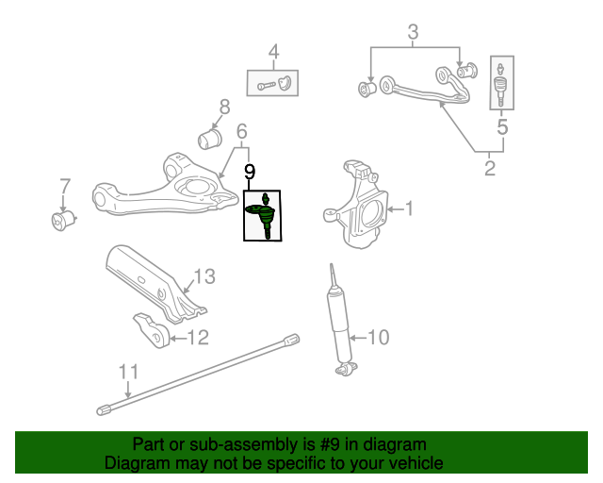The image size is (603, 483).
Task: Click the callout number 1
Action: (x=410, y=207)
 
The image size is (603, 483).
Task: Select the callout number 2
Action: (x=490, y=170)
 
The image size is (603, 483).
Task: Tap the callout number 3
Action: (x=413, y=36)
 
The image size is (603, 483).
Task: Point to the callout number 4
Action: (x=273, y=52)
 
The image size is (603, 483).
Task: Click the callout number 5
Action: (x=502, y=125)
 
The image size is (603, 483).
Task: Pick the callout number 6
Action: (x=241, y=130)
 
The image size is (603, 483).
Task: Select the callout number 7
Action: (x=64, y=185)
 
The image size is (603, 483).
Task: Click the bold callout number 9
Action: (x=250, y=172)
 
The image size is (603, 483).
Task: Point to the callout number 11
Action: (x=128, y=371)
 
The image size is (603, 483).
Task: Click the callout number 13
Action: (x=204, y=276)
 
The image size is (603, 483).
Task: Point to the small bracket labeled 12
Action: (x=152, y=328)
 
